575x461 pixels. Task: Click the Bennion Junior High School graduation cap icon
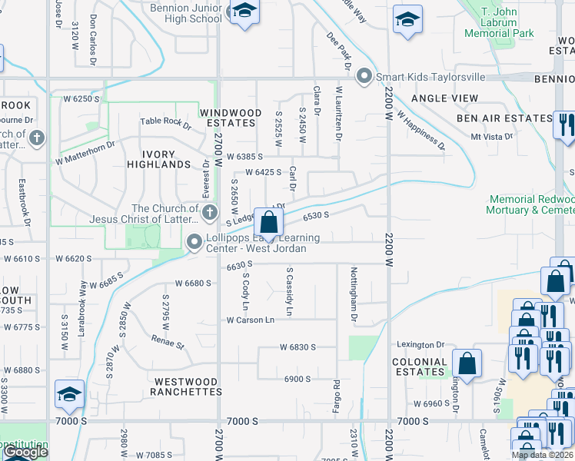pyautogui.click(x=245, y=12)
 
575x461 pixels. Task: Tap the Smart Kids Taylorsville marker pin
pyautogui.click(x=364, y=77)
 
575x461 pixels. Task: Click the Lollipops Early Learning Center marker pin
pyautogui.click(x=194, y=243)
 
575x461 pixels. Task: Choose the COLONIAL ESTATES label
pyautogui.click(x=420, y=366)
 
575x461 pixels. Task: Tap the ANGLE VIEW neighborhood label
pyautogui.click(x=444, y=98)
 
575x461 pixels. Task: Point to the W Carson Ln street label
pyautogui.click(x=250, y=320)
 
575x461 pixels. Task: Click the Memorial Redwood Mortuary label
pyautogui.click(x=531, y=204)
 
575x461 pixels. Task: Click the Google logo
pyautogui.click(x=25, y=452)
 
